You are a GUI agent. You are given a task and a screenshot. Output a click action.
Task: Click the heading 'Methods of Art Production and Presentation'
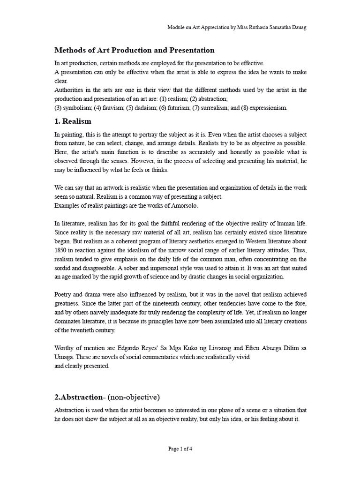click(135, 50)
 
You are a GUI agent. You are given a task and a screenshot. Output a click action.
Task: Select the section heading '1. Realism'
click(73, 121)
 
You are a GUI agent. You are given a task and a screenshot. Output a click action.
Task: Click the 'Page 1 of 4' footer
click(180, 449)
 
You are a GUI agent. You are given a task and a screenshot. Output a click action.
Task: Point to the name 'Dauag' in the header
click(297, 28)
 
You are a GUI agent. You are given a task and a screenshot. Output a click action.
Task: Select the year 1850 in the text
click(62, 250)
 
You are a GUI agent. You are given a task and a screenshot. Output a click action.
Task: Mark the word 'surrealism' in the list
click(217, 107)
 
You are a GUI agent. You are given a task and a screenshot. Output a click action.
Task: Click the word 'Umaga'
click(64, 357)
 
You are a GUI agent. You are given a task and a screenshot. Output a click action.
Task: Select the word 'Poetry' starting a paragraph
click(64, 294)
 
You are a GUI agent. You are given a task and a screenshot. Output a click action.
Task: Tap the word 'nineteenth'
click(169, 303)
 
